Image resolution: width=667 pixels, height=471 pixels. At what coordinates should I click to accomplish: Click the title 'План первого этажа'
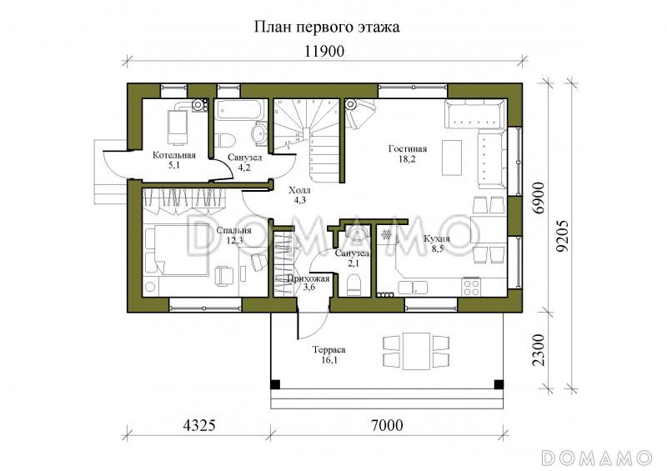327,27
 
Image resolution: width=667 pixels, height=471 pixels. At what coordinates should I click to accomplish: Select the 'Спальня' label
229,231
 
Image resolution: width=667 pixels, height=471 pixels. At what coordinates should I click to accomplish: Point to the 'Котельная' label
173,155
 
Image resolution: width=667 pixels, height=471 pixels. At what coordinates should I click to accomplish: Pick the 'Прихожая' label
308,278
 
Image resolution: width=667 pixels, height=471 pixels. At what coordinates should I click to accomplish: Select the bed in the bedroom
179,250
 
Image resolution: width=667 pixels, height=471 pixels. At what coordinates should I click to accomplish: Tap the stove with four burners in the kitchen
471,288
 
